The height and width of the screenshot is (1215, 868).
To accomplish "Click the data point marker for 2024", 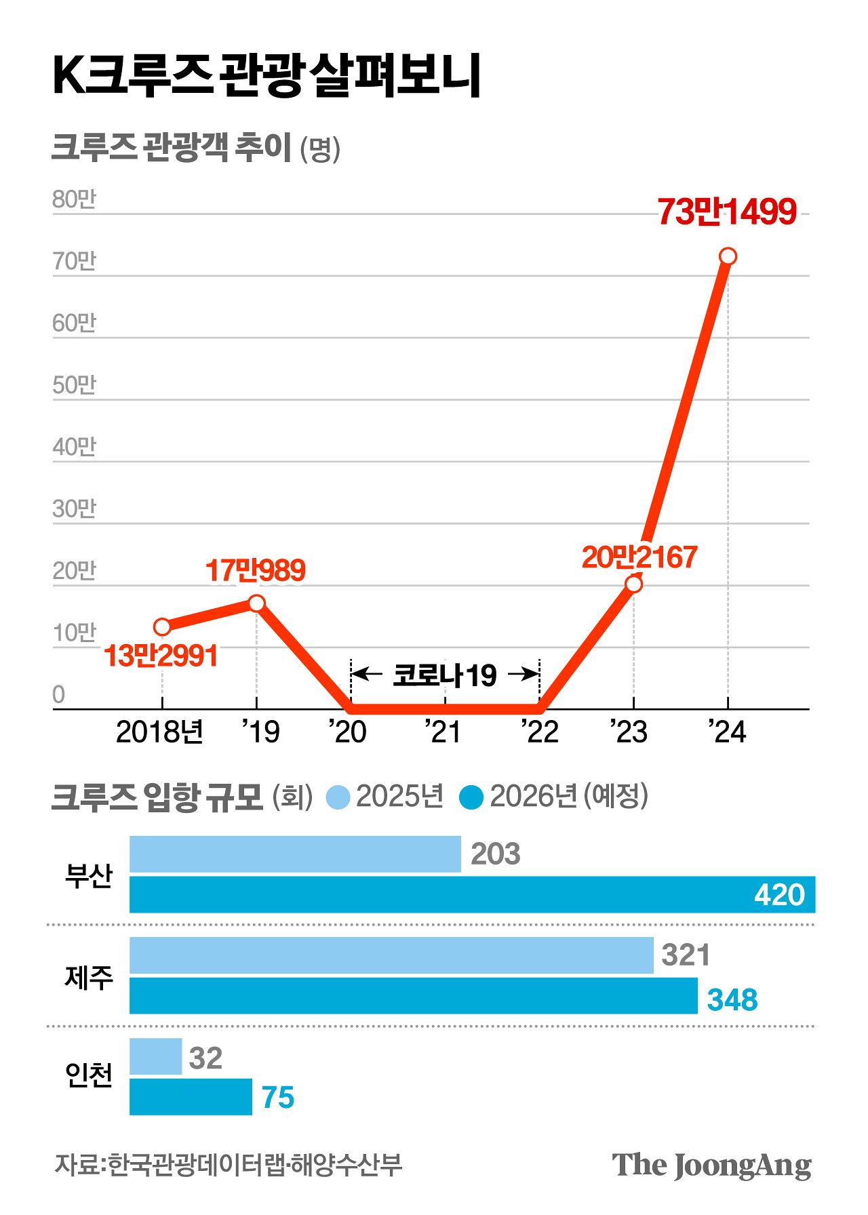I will [x=728, y=256].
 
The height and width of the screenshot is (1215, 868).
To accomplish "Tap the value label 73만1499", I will [x=726, y=212].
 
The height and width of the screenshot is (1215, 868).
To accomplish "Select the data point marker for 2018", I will [x=162, y=626].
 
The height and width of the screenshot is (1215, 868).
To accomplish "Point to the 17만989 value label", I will [x=255, y=570].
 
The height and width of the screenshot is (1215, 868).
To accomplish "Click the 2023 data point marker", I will [x=633, y=583].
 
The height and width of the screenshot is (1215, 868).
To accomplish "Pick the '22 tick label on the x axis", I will [x=540, y=732].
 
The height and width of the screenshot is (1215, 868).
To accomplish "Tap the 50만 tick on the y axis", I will [x=75, y=384].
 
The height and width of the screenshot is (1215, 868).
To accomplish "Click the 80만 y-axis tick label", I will [x=75, y=199].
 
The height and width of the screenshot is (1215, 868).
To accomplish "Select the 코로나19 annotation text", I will [x=445, y=675].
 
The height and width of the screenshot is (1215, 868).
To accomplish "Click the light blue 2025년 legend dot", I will [x=338, y=797].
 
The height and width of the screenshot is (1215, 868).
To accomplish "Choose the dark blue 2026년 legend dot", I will [x=471, y=797].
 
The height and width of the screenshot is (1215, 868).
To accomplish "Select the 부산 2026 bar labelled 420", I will [x=472, y=894].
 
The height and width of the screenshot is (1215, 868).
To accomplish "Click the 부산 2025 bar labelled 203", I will [x=295, y=854].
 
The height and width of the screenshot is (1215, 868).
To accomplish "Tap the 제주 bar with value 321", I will [x=391, y=955].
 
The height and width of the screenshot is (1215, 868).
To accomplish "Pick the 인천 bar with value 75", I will [x=191, y=1097].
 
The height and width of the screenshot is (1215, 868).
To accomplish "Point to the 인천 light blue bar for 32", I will [x=156, y=1056].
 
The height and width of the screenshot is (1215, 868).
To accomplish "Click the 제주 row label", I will [x=89, y=977].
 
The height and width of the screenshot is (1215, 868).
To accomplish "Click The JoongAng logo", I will [x=711, y=1166].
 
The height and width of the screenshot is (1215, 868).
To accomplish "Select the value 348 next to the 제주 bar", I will [x=732, y=999].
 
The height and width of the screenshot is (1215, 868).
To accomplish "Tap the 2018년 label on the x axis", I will [x=159, y=732].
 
